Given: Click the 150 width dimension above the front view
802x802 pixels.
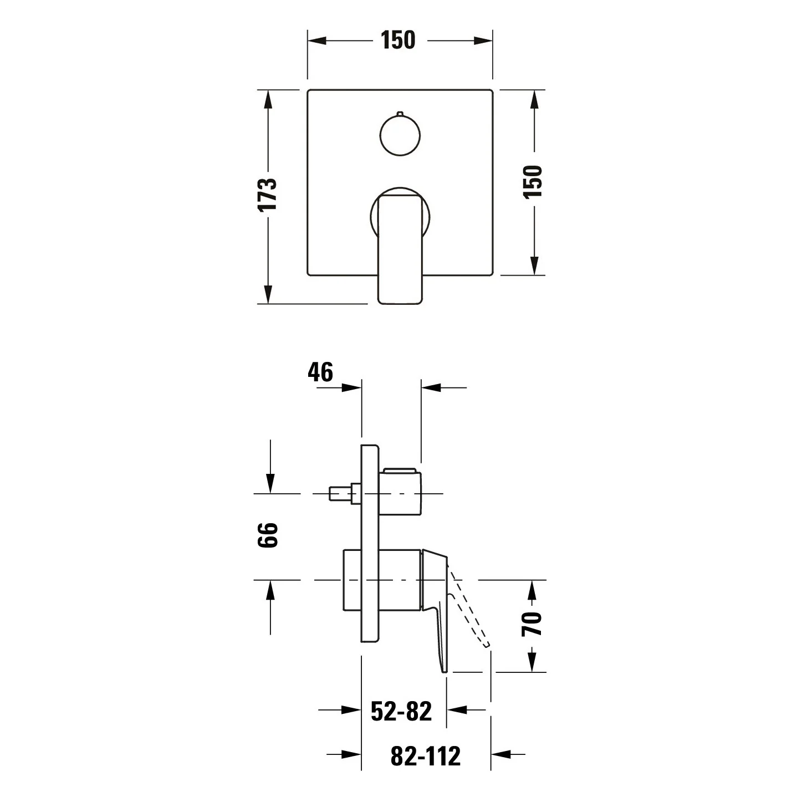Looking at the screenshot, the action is pyautogui.click(x=398, y=40).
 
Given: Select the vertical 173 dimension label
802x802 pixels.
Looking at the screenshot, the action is pyautogui.click(x=267, y=195).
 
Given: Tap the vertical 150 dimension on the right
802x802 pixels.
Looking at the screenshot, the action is pyautogui.click(x=533, y=182).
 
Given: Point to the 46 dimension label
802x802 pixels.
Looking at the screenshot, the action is pyautogui.click(x=320, y=372).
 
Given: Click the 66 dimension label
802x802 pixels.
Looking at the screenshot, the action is pyautogui.click(x=267, y=535).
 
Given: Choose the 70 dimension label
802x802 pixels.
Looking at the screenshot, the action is pyautogui.click(x=532, y=624).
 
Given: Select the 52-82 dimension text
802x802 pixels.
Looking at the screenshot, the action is pyautogui.click(x=401, y=711).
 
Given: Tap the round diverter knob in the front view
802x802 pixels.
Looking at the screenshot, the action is pyautogui.click(x=400, y=136).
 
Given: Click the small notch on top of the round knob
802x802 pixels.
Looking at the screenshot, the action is pyautogui.click(x=400, y=113).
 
